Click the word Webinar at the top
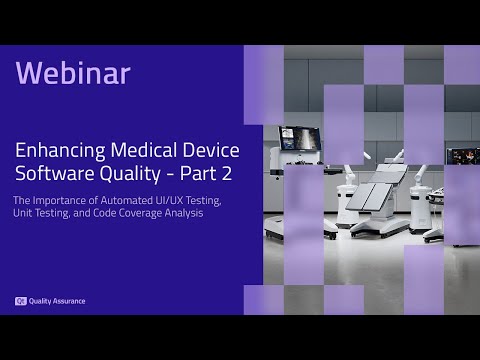tap(73, 73)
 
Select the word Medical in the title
tap(140, 151)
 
